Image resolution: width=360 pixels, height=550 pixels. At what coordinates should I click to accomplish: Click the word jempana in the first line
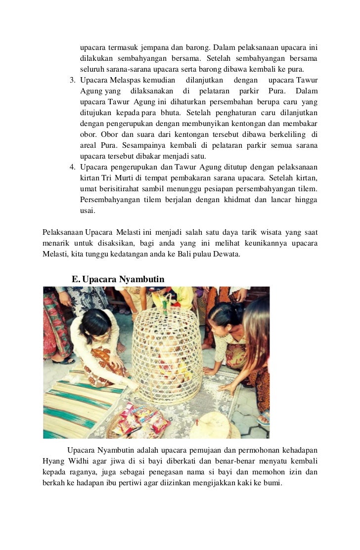tap(151, 48)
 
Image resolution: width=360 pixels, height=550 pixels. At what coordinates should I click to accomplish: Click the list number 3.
tap(72, 80)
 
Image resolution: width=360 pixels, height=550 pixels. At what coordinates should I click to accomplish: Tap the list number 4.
tap(72, 167)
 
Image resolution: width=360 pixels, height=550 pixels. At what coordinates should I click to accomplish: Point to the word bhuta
tap(170, 113)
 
